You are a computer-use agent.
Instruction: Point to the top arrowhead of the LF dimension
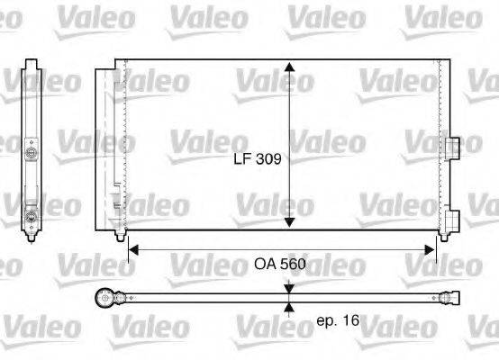coord(288,68)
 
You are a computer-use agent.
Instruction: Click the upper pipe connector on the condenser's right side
coord(451,147)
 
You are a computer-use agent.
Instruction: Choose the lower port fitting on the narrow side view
coord(32,216)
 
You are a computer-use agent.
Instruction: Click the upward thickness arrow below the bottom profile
coord(288,306)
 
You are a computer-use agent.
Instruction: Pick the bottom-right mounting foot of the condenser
coord(441,236)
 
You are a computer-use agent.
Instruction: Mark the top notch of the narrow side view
coord(32,65)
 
